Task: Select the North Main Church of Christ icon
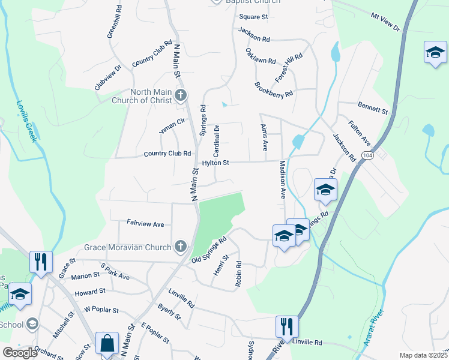point(181,95)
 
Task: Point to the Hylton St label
point(215,163)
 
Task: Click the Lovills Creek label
point(27,121)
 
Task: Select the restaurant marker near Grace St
point(41,262)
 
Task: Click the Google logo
point(20,353)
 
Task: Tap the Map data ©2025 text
point(423,355)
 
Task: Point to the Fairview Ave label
point(145,224)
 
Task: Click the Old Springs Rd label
point(208,250)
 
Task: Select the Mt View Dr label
point(385,22)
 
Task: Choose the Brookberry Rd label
point(273,90)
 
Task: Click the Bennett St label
point(373,107)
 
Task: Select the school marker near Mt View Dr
point(435,52)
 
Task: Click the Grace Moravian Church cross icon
point(181,246)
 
